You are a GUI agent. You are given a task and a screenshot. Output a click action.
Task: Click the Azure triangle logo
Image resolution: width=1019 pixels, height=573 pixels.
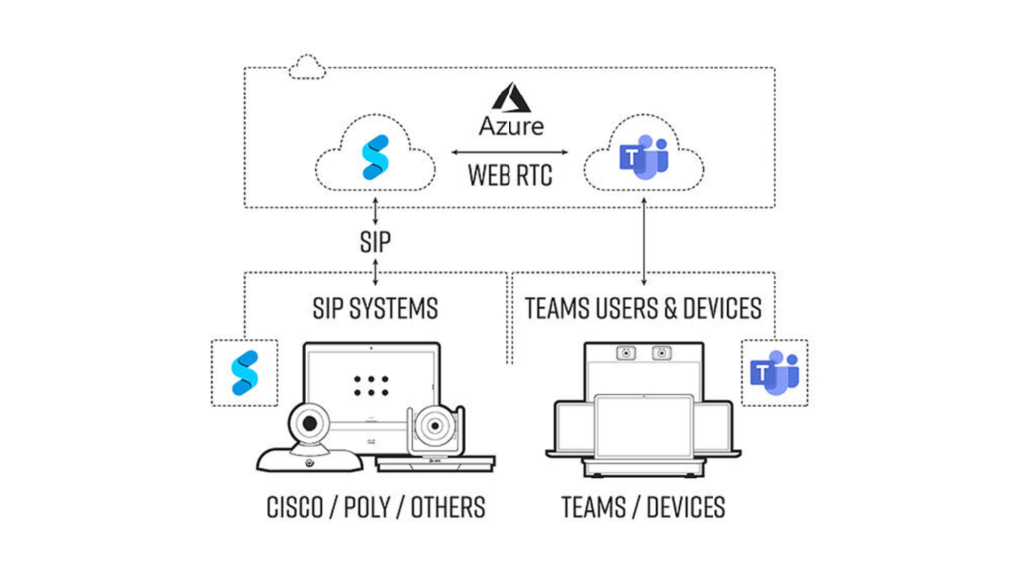click(510, 97)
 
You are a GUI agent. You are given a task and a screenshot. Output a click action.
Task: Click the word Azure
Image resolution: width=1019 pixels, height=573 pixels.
click(510, 126)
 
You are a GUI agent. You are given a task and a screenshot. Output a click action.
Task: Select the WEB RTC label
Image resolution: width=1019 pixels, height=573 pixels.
click(509, 176)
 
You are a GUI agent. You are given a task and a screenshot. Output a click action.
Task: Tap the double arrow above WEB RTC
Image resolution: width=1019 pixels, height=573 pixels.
click(510, 152)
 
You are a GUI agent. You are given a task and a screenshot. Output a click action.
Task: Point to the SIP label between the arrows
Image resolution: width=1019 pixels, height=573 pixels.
click(375, 240)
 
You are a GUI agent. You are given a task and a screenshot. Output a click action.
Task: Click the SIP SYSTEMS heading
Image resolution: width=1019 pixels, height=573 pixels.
click(375, 308)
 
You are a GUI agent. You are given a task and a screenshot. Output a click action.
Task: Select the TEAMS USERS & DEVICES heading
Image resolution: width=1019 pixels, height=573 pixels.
click(643, 308)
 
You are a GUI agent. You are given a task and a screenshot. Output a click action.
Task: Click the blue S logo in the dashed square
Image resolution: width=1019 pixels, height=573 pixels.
click(244, 373)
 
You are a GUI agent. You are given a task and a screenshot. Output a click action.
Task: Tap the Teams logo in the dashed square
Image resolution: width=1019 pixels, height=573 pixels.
click(775, 373)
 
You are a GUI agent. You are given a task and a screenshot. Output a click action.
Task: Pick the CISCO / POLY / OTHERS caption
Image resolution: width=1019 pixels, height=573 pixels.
click(375, 507)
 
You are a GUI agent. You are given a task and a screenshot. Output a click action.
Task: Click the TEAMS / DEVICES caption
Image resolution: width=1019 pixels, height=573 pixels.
click(643, 507)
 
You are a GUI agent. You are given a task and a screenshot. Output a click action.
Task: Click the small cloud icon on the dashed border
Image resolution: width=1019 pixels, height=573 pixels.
click(307, 68)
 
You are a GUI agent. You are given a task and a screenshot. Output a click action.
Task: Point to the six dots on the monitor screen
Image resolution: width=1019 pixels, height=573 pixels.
click(372, 386)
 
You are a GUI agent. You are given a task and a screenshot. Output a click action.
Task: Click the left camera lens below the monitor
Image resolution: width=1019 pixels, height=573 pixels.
click(310, 425)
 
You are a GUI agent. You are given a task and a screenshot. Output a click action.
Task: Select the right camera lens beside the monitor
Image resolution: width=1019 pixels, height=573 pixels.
click(434, 429)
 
